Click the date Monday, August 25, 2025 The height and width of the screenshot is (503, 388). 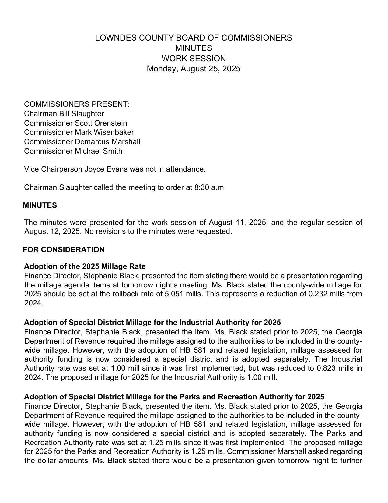pyautogui.click(x=194, y=69)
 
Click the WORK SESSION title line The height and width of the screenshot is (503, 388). pyautogui.click(x=194, y=59)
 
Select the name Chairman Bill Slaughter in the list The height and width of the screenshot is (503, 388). pyautogui.click(x=64, y=114)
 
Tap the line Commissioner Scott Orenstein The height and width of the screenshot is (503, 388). pyautogui.click(x=75, y=123)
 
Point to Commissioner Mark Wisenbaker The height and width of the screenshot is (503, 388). pyautogui.click(x=79, y=132)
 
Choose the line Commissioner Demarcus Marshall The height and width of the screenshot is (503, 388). pyautogui.click(x=82, y=142)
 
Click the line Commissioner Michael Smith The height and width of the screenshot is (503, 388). pyautogui.click(x=73, y=151)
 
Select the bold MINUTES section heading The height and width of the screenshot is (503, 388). pyautogui.click(x=40, y=205)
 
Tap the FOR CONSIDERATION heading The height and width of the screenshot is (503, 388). pyautogui.click(x=64, y=250)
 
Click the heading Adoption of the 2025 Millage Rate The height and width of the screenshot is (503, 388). pyautogui.click(x=85, y=266)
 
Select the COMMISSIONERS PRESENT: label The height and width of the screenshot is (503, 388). pyautogui.click(x=77, y=104)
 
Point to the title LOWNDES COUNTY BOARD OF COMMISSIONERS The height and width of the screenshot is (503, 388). pyautogui.click(x=194, y=38)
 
